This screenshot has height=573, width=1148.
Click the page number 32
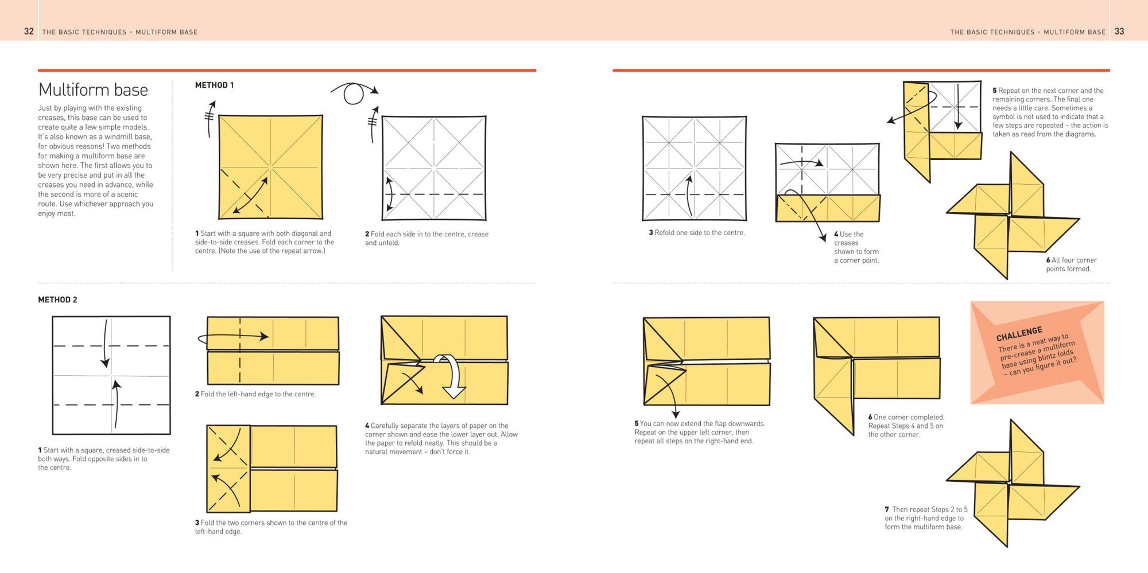click(x=29, y=32)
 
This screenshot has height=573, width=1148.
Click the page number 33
click(x=1119, y=32)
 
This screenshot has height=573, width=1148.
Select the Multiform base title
click(x=93, y=90)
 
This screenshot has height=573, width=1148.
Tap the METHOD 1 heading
click(x=214, y=85)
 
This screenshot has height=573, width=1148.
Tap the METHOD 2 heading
click(x=57, y=300)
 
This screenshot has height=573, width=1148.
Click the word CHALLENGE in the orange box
click(x=1019, y=334)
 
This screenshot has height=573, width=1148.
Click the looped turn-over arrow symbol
click(x=354, y=92)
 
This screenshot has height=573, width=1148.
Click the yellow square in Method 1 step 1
click(x=270, y=167)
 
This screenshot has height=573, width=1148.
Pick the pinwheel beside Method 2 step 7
click(x=1013, y=484)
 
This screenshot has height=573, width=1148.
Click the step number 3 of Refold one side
click(x=651, y=233)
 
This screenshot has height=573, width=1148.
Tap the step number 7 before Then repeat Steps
click(x=887, y=509)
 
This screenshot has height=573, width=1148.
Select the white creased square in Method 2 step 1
click(x=111, y=375)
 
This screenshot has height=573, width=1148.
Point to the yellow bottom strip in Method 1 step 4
click(x=828, y=208)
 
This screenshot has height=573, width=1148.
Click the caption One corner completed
click(x=906, y=417)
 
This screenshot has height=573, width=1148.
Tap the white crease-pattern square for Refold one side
click(x=695, y=169)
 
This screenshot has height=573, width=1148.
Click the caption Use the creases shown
click(x=856, y=247)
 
